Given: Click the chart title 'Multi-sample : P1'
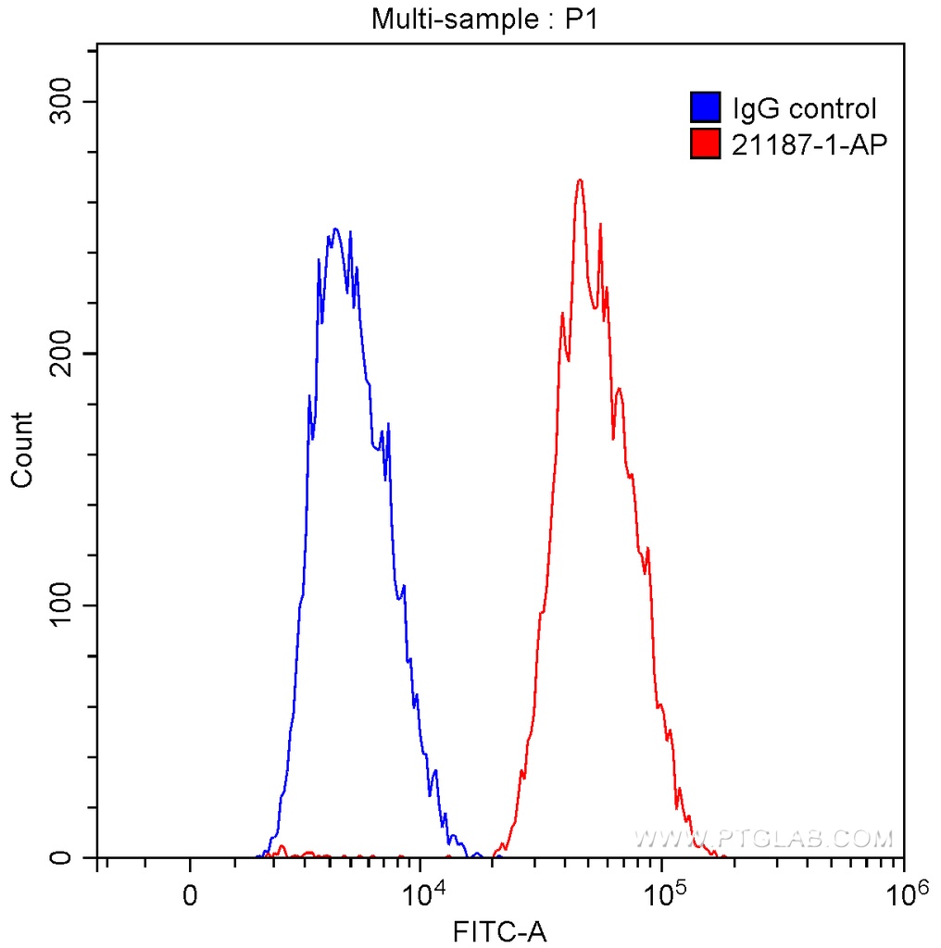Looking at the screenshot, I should point(486,19).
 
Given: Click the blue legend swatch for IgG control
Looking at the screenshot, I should point(705,108).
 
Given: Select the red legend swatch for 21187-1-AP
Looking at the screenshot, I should point(705,143).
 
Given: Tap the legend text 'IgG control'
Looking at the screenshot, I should point(803,109).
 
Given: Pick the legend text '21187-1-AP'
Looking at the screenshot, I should point(803,143).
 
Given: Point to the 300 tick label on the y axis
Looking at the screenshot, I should point(62,102).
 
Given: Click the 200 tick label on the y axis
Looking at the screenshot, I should point(62,354).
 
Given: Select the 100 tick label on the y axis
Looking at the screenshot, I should point(62,605).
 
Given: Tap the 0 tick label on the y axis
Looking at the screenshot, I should point(62,857).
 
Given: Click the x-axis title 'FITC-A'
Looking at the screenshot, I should point(500,930).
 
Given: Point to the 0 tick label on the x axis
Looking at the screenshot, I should point(190,896).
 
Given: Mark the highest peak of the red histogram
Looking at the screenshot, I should point(580,181).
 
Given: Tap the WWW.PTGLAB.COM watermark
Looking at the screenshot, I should point(764,839).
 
